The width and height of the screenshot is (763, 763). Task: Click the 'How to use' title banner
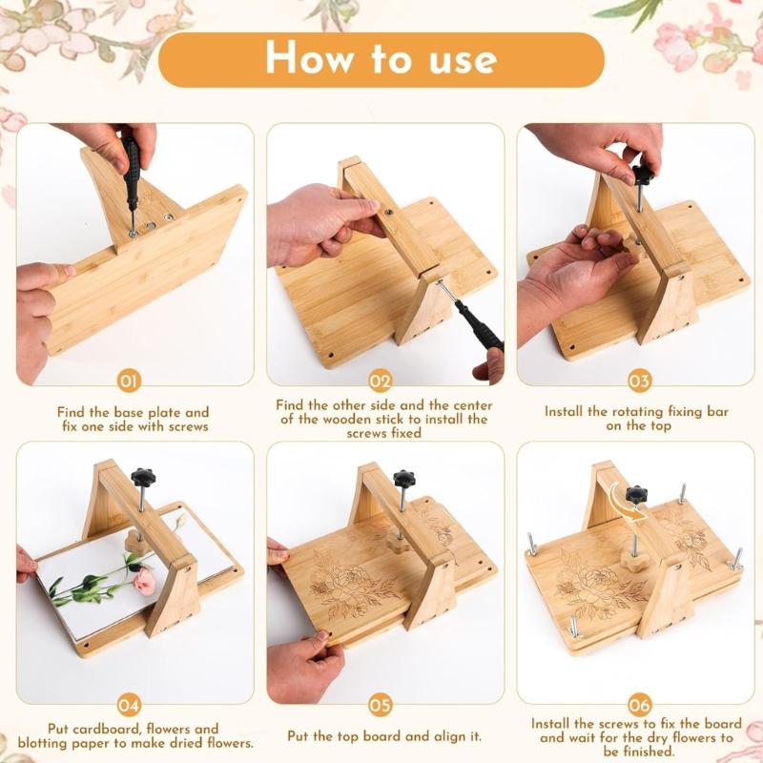pos(381,59)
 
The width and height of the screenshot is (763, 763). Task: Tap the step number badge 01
pos(129,381)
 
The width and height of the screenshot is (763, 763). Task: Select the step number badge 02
pos(381,381)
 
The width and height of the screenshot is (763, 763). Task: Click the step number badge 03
pos(639,381)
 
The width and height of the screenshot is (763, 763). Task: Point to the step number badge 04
pos(129,706)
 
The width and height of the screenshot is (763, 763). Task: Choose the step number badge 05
pos(381,706)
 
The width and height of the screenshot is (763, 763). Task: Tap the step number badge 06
pos(639,706)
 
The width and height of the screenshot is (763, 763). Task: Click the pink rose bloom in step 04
pos(144,579)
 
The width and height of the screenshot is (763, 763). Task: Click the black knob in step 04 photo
pos(144,475)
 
